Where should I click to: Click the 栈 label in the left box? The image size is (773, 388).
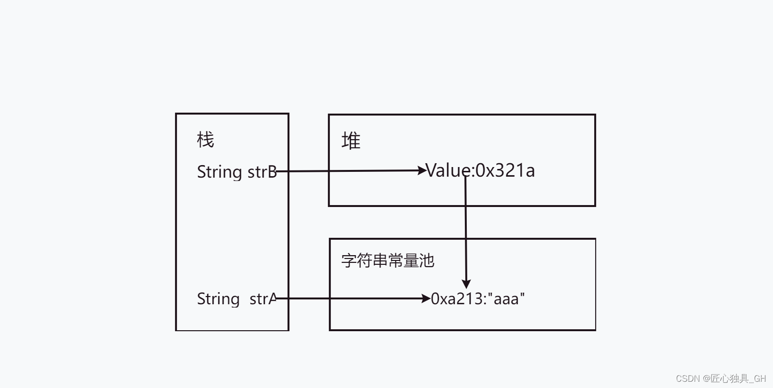tap(205, 140)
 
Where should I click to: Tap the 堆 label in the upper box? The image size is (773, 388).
tap(351, 141)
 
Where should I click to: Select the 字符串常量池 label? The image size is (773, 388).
tap(387, 260)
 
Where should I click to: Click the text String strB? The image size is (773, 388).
tap(237, 171)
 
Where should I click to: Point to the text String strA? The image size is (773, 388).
tap(237, 298)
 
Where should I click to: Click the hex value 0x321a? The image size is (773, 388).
tap(505, 170)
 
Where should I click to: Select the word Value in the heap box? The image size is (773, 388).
tap(449, 170)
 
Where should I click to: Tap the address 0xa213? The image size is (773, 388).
tap(457, 298)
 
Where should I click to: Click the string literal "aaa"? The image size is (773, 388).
tap(507, 298)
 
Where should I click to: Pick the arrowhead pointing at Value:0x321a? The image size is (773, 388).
tap(423, 170)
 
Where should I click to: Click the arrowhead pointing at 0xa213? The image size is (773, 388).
tap(426, 298)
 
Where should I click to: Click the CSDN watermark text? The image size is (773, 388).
tap(721, 378)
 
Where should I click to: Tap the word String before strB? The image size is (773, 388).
tap(219, 171)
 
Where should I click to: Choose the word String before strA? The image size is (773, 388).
tap(218, 298)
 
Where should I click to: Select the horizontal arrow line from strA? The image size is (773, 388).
tap(351, 298)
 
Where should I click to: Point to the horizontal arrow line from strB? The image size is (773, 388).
tap(351, 170)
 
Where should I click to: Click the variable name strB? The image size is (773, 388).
tap(262, 171)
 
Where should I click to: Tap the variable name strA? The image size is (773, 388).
tap(263, 298)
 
